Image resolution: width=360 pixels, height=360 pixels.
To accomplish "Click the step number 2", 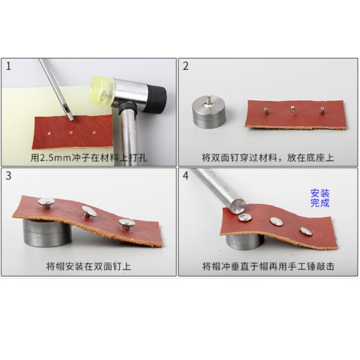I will (186, 68).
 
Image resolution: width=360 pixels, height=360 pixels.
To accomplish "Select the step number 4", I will (186, 175).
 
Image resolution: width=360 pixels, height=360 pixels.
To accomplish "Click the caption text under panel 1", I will (88, 156).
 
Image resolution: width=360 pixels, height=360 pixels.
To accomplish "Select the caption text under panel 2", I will (267, 156).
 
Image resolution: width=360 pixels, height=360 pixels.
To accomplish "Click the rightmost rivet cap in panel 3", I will (126, 224).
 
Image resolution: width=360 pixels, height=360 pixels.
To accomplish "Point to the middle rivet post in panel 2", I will (292, 109).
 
